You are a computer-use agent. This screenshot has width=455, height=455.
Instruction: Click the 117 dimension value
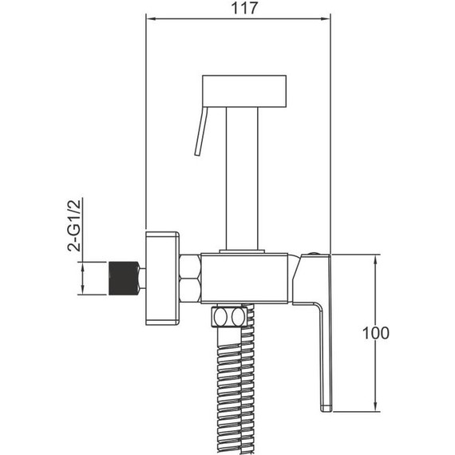click(x=244, y=8)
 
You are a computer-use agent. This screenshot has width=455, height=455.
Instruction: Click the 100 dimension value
click(x=376, y=333)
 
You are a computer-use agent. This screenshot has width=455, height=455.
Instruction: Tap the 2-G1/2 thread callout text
click(x=74, y=224)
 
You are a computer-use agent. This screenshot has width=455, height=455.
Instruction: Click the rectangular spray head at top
click(x=244, y=91)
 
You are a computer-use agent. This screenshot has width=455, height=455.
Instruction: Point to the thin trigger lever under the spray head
click(x=201, y=131)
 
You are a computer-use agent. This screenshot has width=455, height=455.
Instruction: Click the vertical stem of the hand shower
click(x=242, y=178)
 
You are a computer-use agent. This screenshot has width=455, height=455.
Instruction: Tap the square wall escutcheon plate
click(x=162, y=278)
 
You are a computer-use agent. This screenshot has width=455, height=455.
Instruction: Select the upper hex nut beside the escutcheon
click(x=190, y=266)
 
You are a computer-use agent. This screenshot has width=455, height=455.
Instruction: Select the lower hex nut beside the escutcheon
click(x=190, y=291)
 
